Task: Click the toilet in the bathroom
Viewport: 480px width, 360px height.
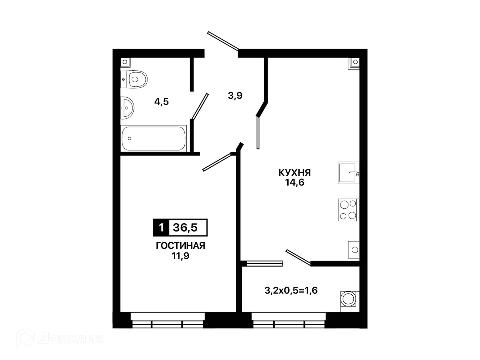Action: (134, 79)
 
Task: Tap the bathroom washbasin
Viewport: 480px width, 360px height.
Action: (127, 108)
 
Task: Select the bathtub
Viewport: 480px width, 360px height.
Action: (154, 138)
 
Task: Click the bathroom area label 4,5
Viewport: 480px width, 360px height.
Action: (161, 102)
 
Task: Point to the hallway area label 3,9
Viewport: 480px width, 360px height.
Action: (235, 96)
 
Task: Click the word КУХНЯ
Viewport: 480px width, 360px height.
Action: (295, 173)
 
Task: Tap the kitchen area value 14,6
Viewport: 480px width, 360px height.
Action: (295, 182)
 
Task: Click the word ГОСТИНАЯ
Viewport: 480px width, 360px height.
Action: (180, 246)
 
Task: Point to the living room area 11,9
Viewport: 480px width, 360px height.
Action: (180, 256)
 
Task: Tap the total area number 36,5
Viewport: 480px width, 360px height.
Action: (185, 228)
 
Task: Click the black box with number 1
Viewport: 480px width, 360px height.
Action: (161, 228)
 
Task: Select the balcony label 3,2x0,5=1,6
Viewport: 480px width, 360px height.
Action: (291, 291)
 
